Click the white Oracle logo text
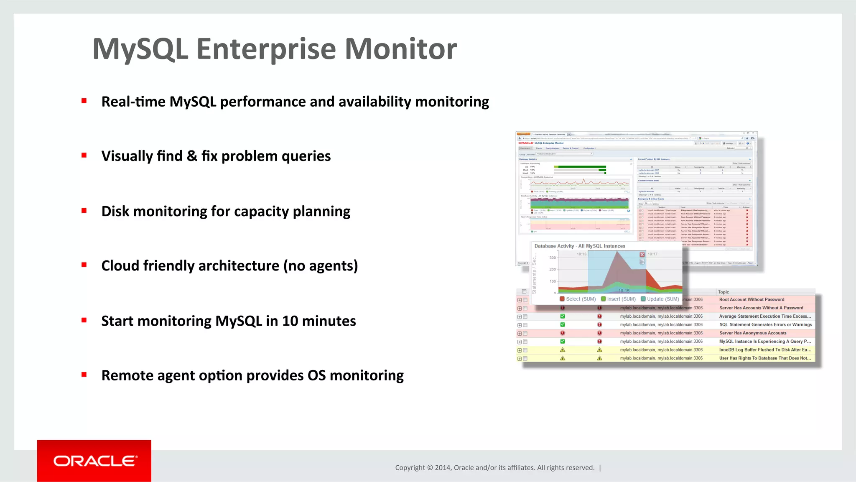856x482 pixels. click(x=95, y=461)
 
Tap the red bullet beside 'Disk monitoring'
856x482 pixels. click(x=84, y=211)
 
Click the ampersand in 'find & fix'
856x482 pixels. click(x=192, y=156)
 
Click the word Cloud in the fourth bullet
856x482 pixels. click(x=120, y=266)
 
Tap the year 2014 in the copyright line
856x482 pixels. click(x=442, y=468)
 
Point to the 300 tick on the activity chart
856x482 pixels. click(x=553, y=258)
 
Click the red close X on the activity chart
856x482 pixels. click(x=642, y=255)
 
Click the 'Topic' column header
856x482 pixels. click(x=724, y=292)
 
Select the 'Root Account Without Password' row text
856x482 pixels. click(x=752, y=300)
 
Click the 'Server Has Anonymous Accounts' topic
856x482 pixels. click(x=752, y=333)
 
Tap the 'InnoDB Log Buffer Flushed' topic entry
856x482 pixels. click(x=765, y=350)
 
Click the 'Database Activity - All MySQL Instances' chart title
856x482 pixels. click(x=580, y=246)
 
